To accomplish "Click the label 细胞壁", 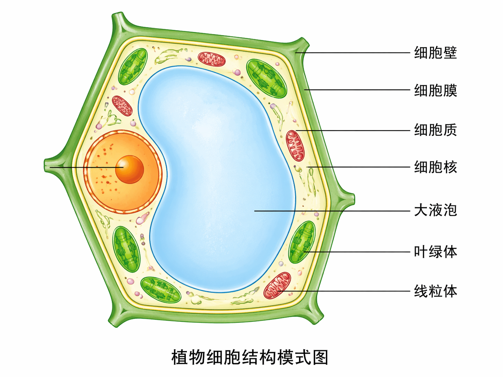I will click(435, 53).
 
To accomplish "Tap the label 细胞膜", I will click(435, 90).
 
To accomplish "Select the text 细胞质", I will click(435, 130).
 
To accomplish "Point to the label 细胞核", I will click(435, 167).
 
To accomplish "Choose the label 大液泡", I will click(435, 211).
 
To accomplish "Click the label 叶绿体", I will click(435, 252).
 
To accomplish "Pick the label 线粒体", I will click(435, 291).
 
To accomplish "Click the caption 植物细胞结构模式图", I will click(250, 358).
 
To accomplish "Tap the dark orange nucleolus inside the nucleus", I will click(130, 169).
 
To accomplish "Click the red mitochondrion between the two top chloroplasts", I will click(212, 59).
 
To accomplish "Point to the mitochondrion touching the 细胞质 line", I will click(295, 146).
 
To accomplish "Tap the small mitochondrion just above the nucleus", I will click(122, 106).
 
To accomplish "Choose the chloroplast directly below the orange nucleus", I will click(126, 249).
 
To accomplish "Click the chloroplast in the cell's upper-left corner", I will click(133, 67).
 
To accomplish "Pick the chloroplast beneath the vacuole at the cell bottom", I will click(161, 289).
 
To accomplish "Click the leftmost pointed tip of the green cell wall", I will click(46, 165).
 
